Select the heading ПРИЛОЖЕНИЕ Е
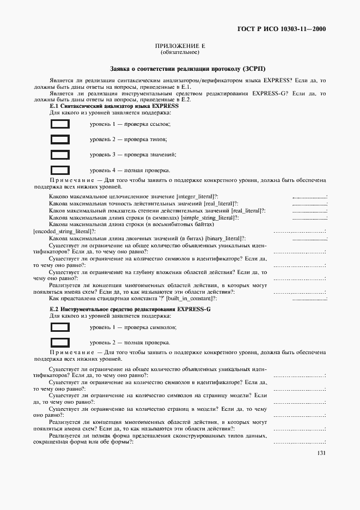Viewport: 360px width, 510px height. (180, 47)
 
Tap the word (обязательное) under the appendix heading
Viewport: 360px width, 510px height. (180, 53)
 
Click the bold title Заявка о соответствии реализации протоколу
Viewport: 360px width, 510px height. (180, 69)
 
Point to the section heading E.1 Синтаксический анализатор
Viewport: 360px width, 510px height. (114, 106)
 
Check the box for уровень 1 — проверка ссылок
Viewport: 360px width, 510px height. (60, 124)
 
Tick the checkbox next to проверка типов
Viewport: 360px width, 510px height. (60, 139)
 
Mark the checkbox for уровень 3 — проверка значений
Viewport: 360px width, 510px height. (60, 155)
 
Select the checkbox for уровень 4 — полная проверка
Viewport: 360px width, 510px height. (60, 170)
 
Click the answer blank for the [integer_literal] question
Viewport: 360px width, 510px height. (309, 197)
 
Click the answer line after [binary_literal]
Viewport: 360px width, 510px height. (309, 239)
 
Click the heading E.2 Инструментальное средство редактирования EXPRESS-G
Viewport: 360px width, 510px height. (130, 309)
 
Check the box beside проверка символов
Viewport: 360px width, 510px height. (60, 327)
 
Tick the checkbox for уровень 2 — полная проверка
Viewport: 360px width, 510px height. (60, 343)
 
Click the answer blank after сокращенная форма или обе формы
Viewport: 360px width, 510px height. (299, 442)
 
